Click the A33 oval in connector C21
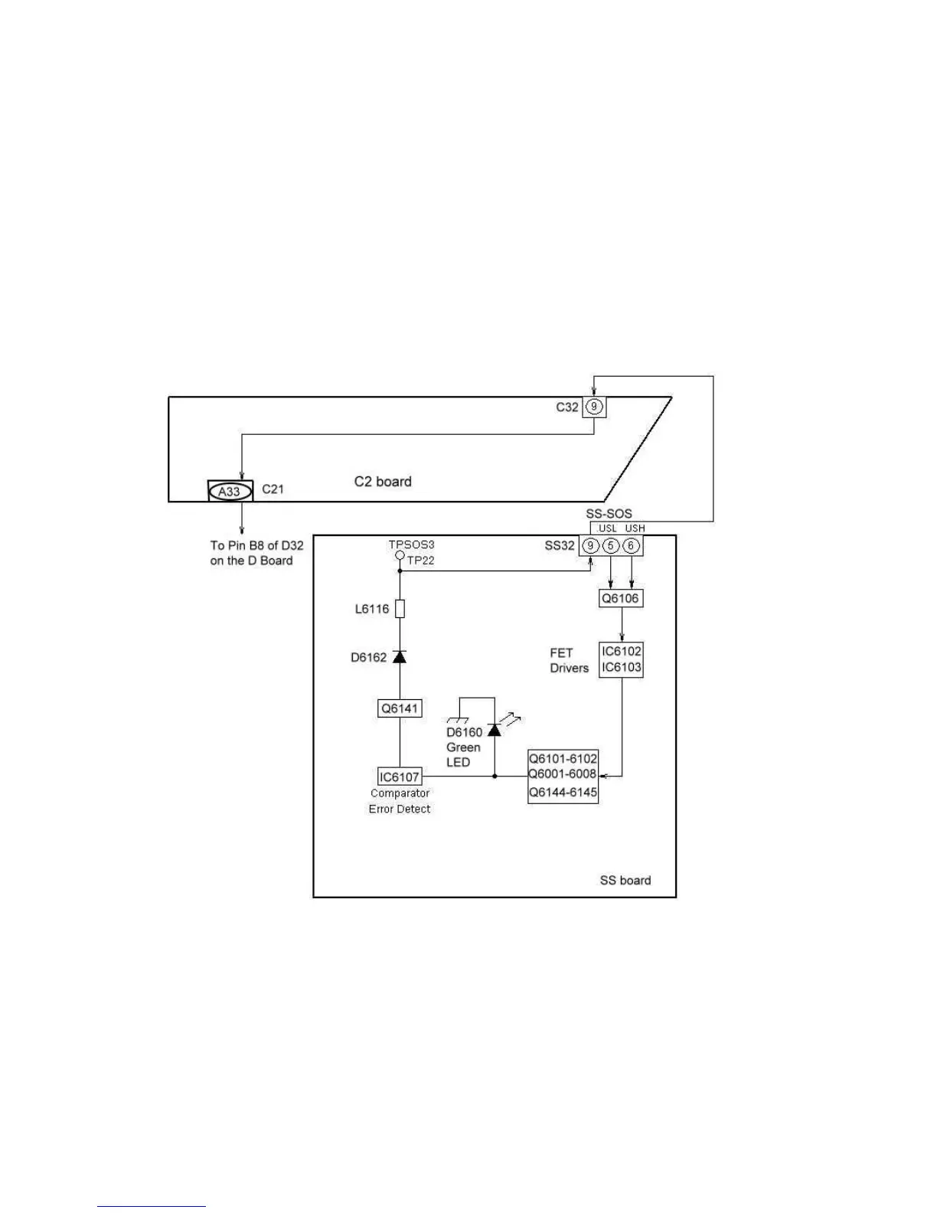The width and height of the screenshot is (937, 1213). (230, 491)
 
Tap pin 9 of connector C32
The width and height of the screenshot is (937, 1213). (594, 407)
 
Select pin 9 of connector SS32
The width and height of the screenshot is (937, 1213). (590, 545)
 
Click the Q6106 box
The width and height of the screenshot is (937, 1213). (620, 598)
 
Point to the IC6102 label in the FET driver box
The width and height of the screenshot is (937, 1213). (621, 652)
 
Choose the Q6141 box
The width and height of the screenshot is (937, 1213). (400, 708)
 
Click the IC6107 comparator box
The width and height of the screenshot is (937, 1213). (400, 777)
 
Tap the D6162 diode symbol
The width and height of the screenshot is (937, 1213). (399, 656)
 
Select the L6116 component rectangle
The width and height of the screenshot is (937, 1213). (399, 609)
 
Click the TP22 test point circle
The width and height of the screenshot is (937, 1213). (399, 554)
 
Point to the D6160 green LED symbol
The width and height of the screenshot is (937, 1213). (495, 729)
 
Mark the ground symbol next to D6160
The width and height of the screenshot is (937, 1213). (458, 720)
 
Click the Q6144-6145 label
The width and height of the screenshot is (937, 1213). (563, 793)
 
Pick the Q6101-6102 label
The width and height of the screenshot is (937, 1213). (563, 759)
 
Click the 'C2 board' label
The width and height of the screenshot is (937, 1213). (383, 482)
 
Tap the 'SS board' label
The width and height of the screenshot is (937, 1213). (625, 881)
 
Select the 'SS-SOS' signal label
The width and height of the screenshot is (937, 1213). (609, 514)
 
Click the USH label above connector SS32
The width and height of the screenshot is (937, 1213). (635, 528)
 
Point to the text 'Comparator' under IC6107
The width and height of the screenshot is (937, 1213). (400, 793)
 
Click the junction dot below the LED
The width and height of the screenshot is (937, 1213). (495, 777)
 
